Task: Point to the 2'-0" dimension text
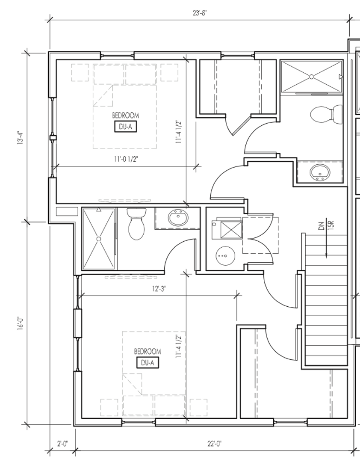coord(63,443)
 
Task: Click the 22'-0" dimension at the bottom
coord(214,443)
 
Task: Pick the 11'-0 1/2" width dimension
coord(126,159)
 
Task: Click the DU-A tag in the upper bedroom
coord(125,127)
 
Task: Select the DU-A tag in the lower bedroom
coord(148,363)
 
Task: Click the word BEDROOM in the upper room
coord(125,115)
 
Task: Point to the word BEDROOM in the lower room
coord(148,351)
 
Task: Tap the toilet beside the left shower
coord(137,224)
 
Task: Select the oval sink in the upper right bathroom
coord(319,172)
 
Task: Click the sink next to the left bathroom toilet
coord(178,218)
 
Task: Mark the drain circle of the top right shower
coord(312,77)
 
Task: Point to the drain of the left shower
coord(99,239)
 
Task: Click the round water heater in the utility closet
coord(225,256)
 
